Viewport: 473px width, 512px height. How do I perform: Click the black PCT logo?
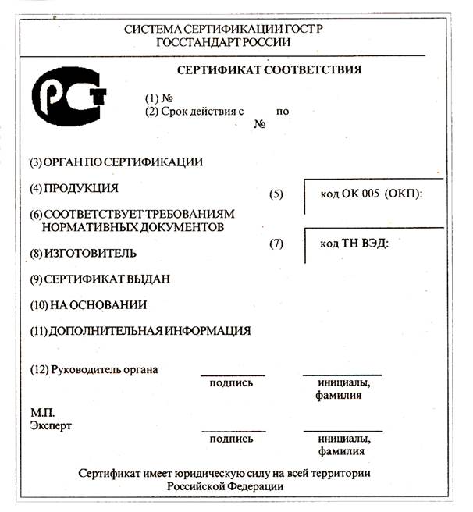pyautogui.click(x=68, y=94)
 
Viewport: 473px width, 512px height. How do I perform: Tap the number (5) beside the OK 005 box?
pyautogui.click(x=276, y=194)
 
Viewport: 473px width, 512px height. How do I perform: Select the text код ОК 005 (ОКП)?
pyautogui.click(x=371, y=194)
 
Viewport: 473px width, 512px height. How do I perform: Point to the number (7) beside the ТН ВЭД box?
pyautogui.click(x=276, y=243)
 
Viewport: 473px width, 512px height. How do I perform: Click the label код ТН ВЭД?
pyautogui.click(x=354, y=243)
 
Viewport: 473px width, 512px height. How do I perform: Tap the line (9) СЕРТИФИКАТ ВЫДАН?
pyautogui.click(x=100, y=279)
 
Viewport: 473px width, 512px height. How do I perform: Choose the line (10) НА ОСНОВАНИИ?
pyautogui.click(x=88, y=304)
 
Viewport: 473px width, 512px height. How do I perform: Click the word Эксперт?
pyautogui.click(x=51, y=426)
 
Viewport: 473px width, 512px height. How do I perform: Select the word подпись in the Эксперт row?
pyautogui.click(x=232, y=439)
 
